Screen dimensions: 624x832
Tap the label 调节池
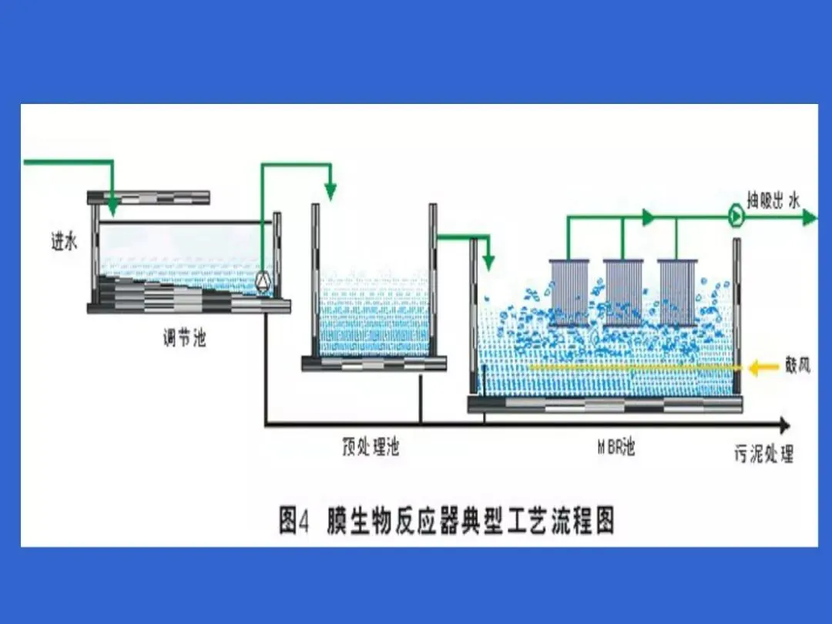point(184,337)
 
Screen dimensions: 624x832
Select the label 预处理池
point(371,447)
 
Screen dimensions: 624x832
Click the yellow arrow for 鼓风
point(763,368)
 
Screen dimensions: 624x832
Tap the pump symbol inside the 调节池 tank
point(263,281)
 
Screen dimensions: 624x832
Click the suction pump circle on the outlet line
point(736,217)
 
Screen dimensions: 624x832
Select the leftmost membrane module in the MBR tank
point(569,292)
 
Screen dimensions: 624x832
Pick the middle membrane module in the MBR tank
point(623,292)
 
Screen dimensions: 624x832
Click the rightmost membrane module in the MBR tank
point(677,292)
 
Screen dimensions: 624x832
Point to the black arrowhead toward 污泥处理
point(783,424)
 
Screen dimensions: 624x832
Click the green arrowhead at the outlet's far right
point(809,218)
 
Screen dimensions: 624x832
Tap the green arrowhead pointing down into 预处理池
point(331,191)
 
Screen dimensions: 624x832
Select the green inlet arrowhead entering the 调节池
point(112,206)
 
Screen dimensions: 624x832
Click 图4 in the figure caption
point(294,521)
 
